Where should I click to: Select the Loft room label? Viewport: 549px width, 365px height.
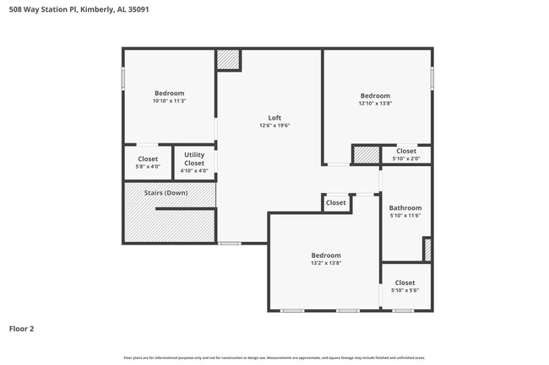click(274, 118)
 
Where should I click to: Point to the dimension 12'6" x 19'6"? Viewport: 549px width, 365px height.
click(274, 126)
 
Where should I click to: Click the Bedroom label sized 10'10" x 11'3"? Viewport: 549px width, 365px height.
click(169, 93)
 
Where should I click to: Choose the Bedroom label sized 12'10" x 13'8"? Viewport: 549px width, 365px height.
click(376, 95)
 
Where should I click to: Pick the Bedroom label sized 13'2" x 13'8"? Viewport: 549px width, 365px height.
click(326, 255)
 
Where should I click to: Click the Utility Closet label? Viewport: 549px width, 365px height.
click(194, 158)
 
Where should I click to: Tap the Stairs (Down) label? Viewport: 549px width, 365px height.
click(166, 193)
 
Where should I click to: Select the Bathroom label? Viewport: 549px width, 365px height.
click(405, 207)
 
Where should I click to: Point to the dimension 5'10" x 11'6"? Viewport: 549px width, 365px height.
click(405, 216)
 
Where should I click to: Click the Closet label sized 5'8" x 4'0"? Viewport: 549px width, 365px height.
click(148, 158)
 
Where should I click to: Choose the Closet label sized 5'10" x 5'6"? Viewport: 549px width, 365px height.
click(405, 282)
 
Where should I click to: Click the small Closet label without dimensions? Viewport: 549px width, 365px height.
click(336, 202)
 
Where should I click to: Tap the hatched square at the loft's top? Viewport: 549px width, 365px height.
click(228, 60)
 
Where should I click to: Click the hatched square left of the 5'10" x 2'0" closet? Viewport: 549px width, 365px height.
click(366, 155)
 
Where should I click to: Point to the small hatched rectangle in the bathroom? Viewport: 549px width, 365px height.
click(427, 250)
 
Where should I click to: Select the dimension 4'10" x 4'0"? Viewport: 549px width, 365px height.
click(194, 171)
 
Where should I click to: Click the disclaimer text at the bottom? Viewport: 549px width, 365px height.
click(274, 358)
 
